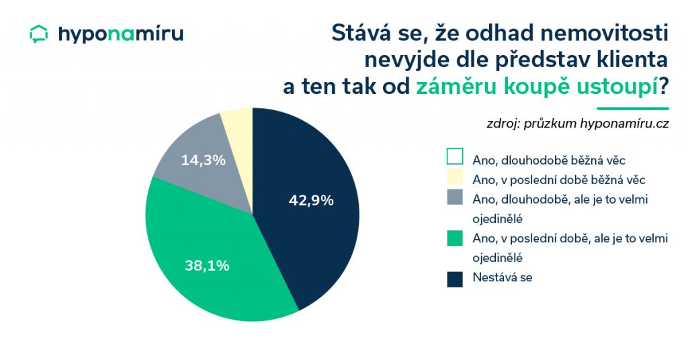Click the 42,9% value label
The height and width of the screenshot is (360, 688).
pos(311,200)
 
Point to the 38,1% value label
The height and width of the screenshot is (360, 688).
pos(207,265)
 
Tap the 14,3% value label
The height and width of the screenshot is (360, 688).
pos(203,160)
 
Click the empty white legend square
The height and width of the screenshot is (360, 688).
pos(455,156)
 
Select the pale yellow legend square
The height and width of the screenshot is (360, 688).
pos(455,177)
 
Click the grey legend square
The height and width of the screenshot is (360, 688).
pos(455,197)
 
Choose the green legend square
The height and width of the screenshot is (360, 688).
pos(455,238)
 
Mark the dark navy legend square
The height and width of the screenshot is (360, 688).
pos(455,279)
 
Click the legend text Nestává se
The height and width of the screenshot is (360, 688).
pos(503,277)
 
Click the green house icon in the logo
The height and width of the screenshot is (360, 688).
pos(38,34)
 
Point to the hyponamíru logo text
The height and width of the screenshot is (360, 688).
pos(121,34)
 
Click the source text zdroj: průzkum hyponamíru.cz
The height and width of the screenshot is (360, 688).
pos(577,124)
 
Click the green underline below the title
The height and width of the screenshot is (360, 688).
pos(633,108)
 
